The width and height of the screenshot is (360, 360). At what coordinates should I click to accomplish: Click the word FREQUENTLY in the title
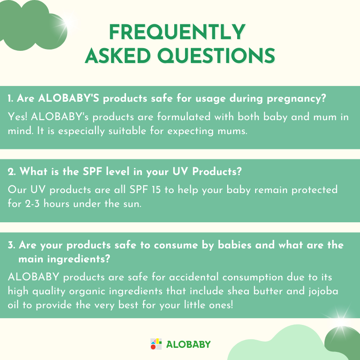(x=177, y=32)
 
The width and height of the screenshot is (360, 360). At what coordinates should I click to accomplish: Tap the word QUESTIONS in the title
(x=216, y=55)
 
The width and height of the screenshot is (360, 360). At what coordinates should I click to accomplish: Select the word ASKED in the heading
(x=118, y=55)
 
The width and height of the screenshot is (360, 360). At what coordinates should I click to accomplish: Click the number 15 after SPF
(x=156, y=190)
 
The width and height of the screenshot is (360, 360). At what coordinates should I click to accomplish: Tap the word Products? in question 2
(x=217, y=172)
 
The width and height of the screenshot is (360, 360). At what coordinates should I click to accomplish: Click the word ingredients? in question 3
(x=78, y=260)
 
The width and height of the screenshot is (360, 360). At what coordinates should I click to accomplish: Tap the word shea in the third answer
(x=238, y=291)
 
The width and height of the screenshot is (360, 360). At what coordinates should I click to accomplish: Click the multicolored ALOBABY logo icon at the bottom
(x=156, y=344)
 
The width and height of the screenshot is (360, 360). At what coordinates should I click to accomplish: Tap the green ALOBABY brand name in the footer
(x=188, y=344)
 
